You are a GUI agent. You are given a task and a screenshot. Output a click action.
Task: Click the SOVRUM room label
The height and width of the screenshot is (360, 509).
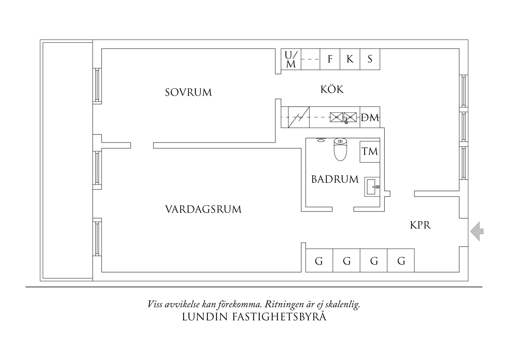click(x=188, y=93)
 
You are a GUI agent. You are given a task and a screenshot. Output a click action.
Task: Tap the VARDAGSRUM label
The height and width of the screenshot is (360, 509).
click(x=203, y=209)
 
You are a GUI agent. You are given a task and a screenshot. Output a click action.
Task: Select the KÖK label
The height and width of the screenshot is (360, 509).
click(x=332, y=89)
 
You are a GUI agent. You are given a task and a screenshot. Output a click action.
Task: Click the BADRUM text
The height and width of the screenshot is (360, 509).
click(x=335, y=179)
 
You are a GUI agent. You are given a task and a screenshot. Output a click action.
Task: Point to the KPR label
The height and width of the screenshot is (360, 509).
click(x=420, y=225)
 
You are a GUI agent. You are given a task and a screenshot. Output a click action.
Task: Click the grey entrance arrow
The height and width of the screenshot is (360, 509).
click(x=477, y=231)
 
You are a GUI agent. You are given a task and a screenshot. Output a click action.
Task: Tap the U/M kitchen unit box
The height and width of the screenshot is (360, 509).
click(x=291, y=59)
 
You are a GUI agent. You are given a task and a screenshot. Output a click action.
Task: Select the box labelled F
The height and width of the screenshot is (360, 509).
click(x=330, y=59)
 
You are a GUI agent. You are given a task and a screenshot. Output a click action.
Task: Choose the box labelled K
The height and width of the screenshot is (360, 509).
click(x=350, y=59)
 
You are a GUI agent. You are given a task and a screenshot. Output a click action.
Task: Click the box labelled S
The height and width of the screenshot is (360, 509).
click(x=370, y=59)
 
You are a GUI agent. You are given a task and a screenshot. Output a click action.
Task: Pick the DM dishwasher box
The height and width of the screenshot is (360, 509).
click(x=370, y=117)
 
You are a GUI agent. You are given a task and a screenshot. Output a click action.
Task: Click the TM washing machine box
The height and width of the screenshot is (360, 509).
click(x=370, y=152)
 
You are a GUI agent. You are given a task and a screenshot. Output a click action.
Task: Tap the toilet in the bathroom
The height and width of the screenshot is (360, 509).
click(x=340, y=150)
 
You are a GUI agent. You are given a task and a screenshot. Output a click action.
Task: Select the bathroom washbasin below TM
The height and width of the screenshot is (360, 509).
click(x=372, y=187)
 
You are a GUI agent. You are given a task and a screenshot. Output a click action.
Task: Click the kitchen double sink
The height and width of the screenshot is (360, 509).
click(x=343, y=117)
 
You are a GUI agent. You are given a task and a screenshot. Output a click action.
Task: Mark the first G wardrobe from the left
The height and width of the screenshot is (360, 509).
click(x=319, y=261)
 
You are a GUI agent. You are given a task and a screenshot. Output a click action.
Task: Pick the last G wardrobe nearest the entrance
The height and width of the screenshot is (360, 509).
click(x=401, y=261)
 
